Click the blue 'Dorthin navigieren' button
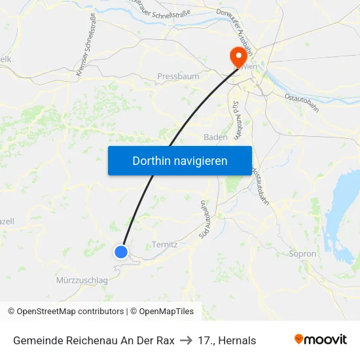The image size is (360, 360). [179, 160]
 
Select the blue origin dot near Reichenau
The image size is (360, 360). [121, 251]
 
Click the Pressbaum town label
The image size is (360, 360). [178, 77]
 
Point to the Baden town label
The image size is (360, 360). [215, 137]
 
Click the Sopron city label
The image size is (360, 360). [302, 254]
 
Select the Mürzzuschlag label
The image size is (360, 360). [82, 280]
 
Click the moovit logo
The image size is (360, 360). [321, 340]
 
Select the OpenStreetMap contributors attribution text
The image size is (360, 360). [65, 312]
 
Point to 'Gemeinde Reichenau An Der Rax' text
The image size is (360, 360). [94, 340]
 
